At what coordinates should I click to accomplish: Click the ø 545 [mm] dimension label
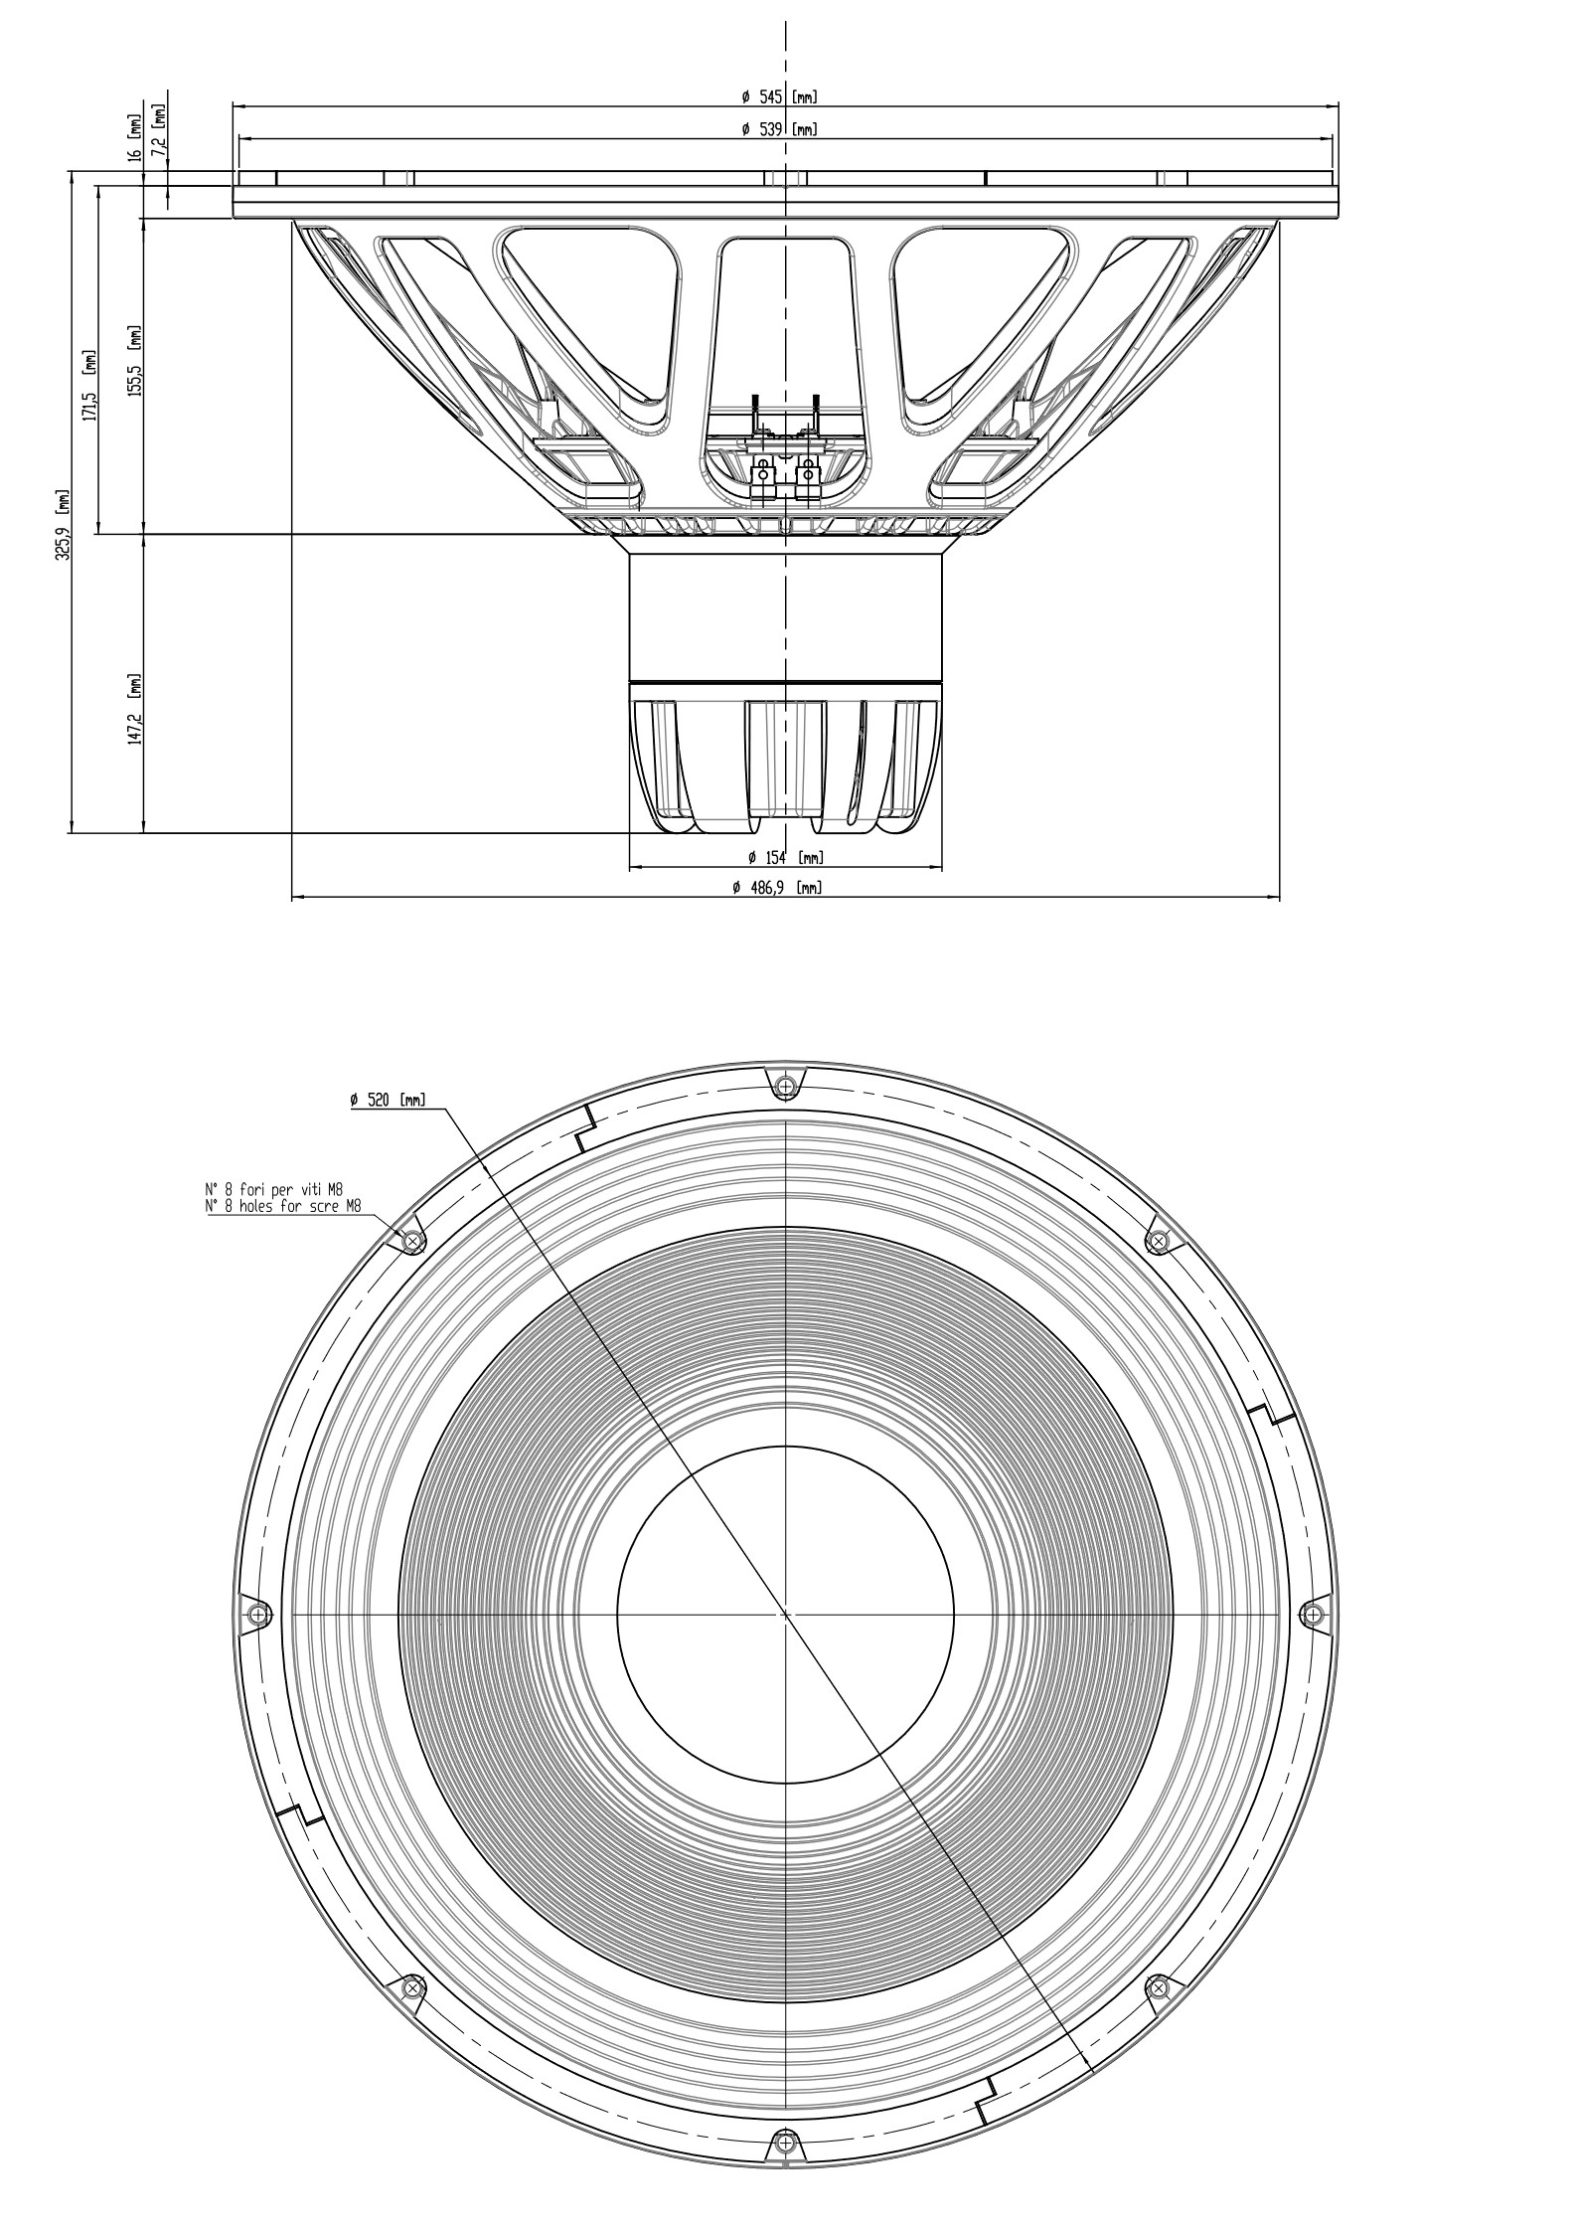(779, 97)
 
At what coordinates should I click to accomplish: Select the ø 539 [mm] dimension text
(779, 130)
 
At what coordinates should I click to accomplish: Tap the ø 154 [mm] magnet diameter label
(785, 857)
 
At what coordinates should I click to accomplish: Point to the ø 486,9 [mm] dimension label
(777, 888)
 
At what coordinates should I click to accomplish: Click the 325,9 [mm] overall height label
(64, 524)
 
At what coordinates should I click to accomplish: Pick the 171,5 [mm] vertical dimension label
(90, 386)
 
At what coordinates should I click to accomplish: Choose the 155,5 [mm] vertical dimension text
(135, 361)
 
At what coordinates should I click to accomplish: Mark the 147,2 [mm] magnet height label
(135, 709)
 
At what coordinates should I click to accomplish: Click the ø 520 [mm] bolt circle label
(388, 1100)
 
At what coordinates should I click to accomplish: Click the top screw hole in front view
(786, 1085)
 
